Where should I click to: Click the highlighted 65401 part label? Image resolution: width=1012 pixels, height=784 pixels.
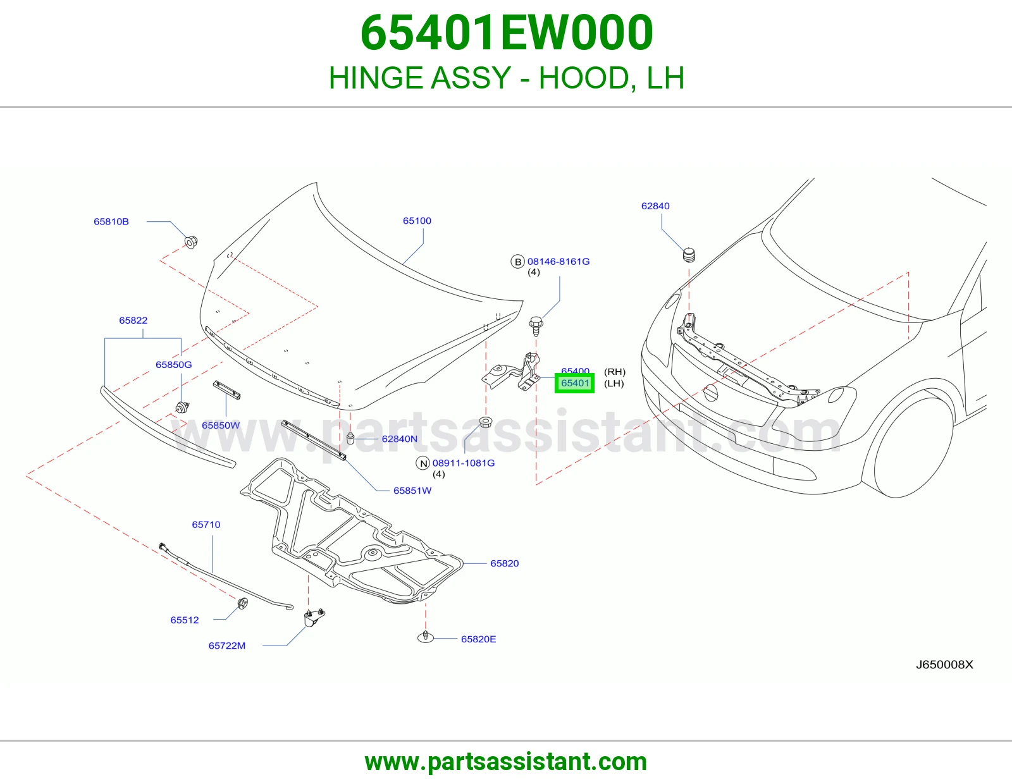574,383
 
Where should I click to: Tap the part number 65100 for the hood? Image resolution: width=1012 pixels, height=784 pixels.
417,221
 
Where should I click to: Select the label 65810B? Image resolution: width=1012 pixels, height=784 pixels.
111,221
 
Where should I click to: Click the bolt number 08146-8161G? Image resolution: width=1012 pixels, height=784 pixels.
558,262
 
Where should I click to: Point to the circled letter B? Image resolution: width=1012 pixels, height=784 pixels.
518,262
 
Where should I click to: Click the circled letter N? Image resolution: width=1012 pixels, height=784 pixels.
423,463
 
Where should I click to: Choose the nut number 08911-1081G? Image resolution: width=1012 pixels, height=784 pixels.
464,463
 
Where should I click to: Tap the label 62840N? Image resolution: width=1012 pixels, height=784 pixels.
400,439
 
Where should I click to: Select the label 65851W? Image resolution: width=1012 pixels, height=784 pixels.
412,491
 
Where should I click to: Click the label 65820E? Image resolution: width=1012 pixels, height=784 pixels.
478,639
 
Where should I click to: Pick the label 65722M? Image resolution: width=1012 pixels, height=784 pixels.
227,646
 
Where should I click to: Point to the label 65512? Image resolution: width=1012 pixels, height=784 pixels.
185,620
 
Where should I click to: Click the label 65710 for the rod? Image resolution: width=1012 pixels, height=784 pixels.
206,525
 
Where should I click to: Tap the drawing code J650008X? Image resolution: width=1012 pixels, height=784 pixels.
944,665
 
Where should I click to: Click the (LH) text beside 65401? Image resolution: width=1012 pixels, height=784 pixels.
614,384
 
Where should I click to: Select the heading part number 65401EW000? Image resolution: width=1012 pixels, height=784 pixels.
507,32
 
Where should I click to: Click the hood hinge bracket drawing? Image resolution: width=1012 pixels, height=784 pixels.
512,372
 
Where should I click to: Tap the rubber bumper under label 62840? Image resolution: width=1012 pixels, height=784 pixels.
689,255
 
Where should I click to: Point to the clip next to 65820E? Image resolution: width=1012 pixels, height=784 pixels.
425,637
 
